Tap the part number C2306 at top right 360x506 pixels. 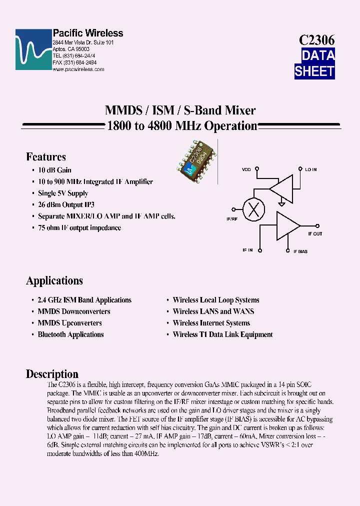click(x=316, y=40)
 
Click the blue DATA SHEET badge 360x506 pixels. click(x=314, y=63)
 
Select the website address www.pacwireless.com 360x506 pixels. click(x=78, y=69)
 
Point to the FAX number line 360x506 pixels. click(x=74, y=63)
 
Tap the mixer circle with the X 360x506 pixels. click(x=253, y=209)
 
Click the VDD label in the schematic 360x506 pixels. click(x=246, y=170)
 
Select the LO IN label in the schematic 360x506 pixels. click(x=311, y=170)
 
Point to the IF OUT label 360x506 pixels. click(x=315, y=234)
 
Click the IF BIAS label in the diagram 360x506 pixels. click(x=300, y=251)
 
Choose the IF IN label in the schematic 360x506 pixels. click(x=247, y=250)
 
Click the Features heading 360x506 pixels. click(x=46, y=157)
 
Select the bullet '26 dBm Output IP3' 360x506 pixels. click(x=66, y=205)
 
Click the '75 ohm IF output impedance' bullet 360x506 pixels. click(x=79, y=228)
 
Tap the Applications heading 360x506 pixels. click(x=54, y=280)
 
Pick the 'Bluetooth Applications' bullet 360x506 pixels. click(x=70, y=334)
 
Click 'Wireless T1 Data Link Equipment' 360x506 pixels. click(x=222, y=334)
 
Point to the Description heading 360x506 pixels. click(x=52, y=374)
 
